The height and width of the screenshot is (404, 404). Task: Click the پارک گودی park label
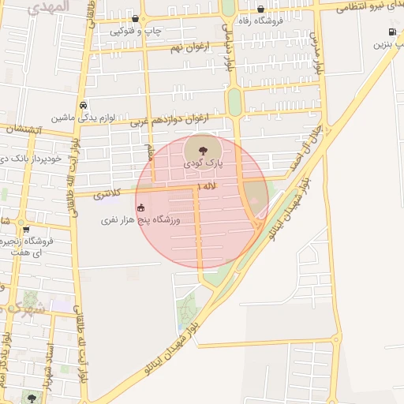point(204,164)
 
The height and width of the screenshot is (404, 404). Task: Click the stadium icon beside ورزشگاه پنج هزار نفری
point(141,208)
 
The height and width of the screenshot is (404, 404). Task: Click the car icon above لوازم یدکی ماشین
point(83,105)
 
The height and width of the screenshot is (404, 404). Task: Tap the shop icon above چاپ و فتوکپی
point(136,19)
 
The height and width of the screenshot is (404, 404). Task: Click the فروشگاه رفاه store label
point(260,22)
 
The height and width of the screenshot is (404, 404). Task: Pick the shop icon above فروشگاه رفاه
point(260,9)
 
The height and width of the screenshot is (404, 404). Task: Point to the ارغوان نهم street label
point(193,48)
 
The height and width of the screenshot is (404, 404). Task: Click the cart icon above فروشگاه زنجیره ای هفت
point(25,229)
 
